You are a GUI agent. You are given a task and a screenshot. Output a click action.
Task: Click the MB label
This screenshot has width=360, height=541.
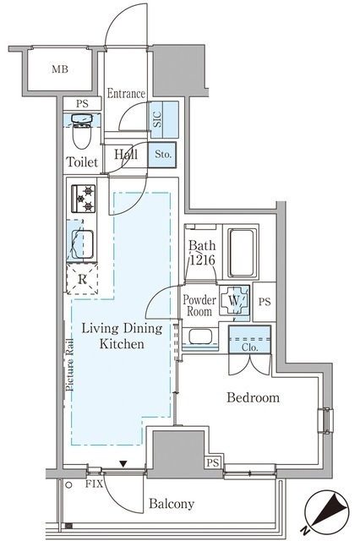click(60, 69)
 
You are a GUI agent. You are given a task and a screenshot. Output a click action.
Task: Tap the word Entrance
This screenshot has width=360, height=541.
click(126, 93)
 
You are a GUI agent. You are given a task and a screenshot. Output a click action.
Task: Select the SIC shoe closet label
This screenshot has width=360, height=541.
click(157, 119)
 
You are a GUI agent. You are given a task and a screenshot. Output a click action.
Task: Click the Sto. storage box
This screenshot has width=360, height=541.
click(162, 154)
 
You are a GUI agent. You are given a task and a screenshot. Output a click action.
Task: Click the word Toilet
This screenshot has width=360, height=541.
click(82, 161)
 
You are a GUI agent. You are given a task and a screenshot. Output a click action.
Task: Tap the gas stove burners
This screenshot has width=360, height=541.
click(84, 199)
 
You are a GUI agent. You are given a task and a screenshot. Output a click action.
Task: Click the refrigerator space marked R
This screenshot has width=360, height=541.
click(82, 279)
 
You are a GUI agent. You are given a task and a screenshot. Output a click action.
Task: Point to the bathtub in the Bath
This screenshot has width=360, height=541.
click(243, 253)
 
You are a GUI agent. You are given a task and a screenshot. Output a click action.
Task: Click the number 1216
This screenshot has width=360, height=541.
click(203, 260)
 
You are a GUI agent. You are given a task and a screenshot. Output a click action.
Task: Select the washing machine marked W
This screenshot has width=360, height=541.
click(234, 300)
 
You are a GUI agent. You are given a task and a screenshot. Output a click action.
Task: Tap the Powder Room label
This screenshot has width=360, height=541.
click(199, 305)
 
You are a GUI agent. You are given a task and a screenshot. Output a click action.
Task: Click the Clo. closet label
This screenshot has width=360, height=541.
click(249, 347)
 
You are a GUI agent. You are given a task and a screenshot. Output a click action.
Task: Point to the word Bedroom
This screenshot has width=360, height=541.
click(254, 397)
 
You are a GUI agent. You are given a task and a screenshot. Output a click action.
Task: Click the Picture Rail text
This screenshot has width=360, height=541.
click(70, 364)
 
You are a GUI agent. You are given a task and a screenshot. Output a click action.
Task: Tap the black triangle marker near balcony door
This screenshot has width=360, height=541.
click(123, 463)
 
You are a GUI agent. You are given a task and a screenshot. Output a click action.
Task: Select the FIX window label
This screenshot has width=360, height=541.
click(94, 484)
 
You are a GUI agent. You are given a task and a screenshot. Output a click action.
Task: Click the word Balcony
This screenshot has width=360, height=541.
click(172, 504)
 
